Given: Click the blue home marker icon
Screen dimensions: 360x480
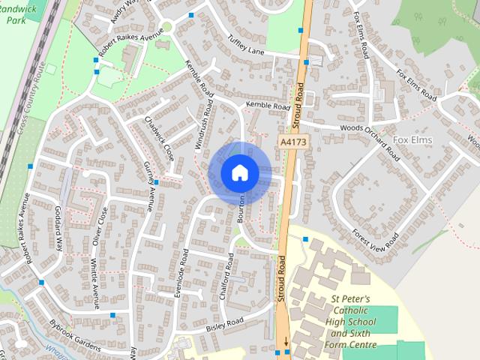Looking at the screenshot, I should point(239,173).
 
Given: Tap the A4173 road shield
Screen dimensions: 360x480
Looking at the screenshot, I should point(293,141).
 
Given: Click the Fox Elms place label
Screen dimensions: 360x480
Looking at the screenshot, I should point(412,140).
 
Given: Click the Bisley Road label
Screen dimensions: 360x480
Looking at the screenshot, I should point(225,324).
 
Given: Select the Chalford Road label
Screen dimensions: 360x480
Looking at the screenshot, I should point(226,276).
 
